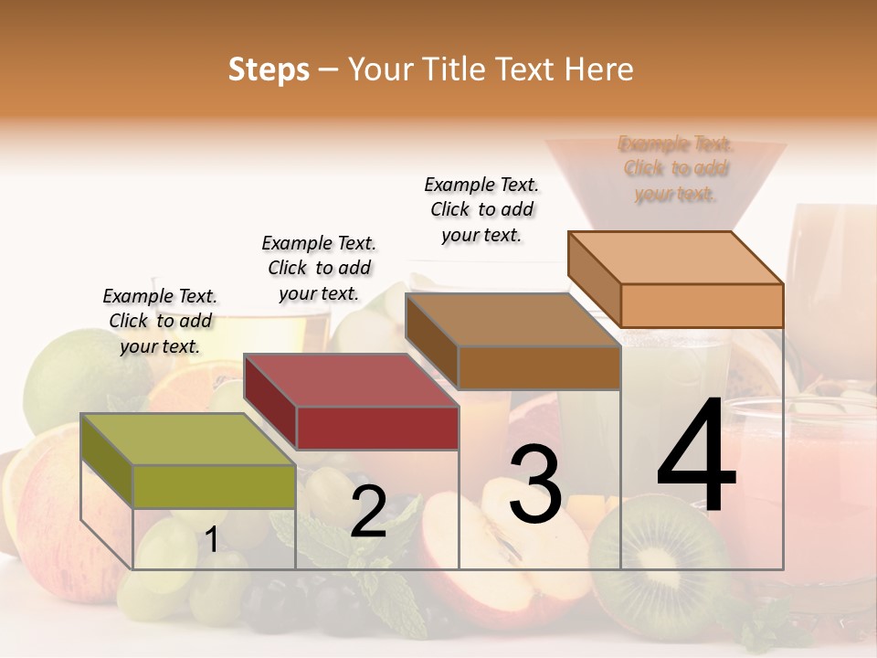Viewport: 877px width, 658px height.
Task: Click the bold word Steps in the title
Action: (x=269, y=69)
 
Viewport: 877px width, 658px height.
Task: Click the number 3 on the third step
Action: (x=534, y=484)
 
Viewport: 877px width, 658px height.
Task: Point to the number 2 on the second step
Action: (x=368, y=512)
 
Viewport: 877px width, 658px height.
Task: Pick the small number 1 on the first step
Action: (x=212, y=540)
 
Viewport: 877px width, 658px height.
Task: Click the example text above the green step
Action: (x=160, y=321)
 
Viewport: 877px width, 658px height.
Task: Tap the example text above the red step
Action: (x=319, y=268)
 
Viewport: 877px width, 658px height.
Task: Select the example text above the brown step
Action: (x=481, y=209)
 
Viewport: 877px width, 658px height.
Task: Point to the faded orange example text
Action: (x=676, y=169)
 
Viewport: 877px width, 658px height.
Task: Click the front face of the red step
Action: (x=377, y=428)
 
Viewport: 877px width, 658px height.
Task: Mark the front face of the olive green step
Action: (x=215, y=486)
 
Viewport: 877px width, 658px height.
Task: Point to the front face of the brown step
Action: (x=539, y=368)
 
